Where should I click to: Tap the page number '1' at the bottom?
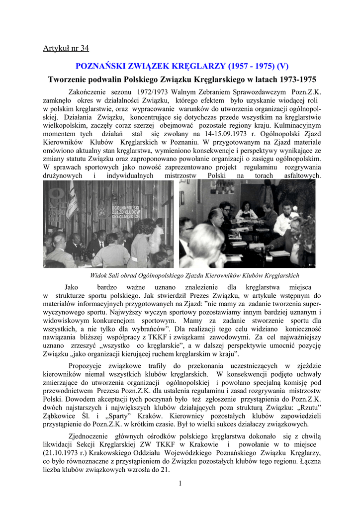[x=180, y=483]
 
